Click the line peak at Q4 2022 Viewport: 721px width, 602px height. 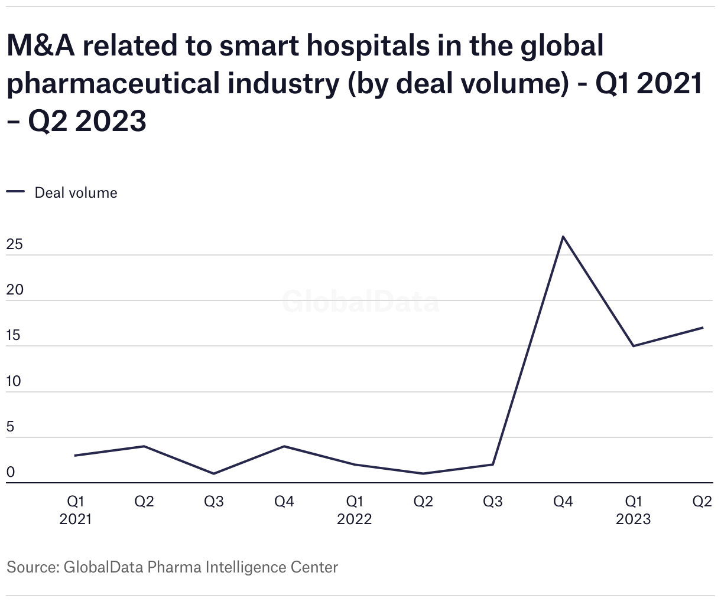click(x=563, y=237)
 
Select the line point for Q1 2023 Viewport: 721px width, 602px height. click(x=633, y=346)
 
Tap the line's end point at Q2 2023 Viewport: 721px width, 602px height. click(x=703, y=328)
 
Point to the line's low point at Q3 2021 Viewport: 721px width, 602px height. click(x=214, y=473)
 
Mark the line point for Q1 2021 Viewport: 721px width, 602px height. click(x=75, y=456)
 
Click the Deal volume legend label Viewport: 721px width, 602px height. click(x=76, y=193)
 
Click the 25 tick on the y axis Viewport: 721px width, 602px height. click(x=14, y=244)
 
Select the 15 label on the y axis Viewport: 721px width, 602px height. click(x=14, y=336)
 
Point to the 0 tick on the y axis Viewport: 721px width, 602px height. click(x=11, y=473)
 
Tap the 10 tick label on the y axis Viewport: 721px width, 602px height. click(x=14, y=381)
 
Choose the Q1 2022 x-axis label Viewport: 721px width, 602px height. click(x=354, y=502)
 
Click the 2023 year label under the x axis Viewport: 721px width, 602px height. click(x=633, y=519)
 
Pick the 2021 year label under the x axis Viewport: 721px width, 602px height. click(x=75, y=519)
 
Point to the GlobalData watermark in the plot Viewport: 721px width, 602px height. click(x=360, y=302)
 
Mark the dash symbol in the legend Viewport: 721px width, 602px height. click(x=15, y=192)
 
